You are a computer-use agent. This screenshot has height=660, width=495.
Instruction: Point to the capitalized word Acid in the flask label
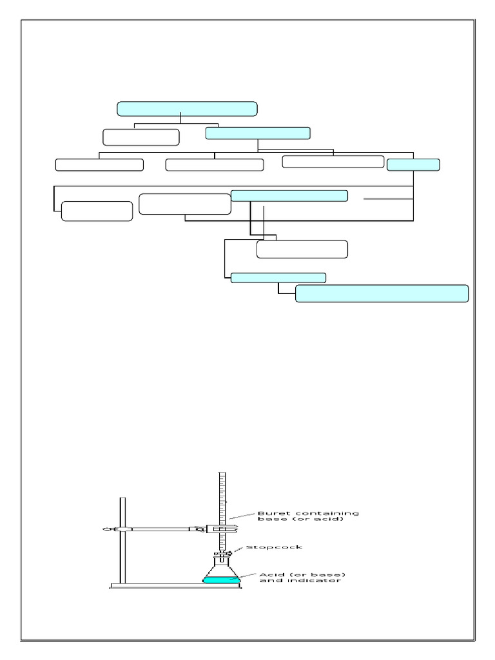269,574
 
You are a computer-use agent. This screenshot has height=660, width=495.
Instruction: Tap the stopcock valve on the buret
226,553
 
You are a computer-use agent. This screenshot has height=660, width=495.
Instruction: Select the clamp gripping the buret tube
222,529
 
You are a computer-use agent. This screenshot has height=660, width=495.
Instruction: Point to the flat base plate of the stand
174,586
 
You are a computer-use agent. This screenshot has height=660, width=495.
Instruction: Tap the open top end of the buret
222,475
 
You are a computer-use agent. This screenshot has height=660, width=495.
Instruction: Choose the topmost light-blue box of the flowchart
187,108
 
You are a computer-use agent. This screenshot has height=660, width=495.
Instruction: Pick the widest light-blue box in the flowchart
382,293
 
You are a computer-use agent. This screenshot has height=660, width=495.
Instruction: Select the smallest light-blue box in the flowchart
413,164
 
